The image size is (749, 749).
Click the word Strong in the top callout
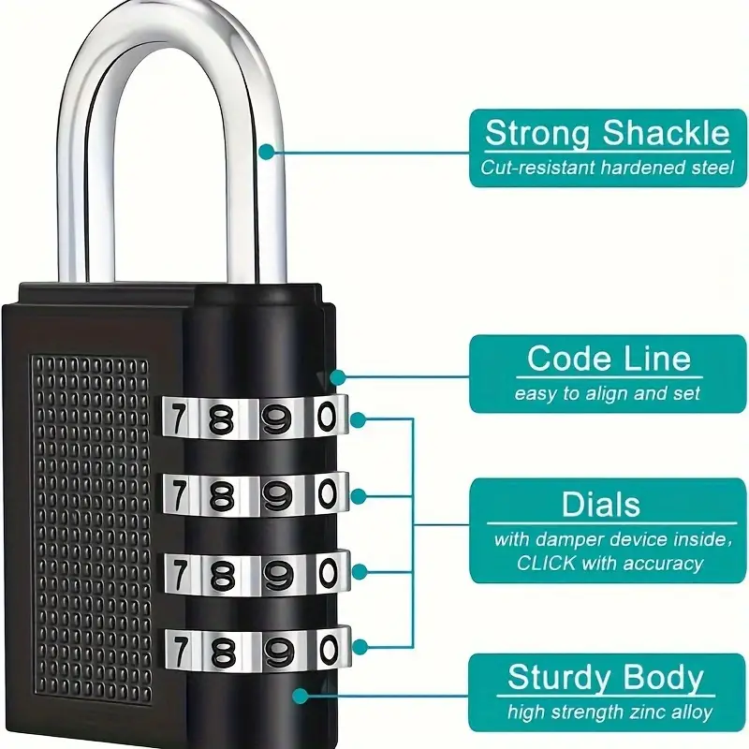point(537,133)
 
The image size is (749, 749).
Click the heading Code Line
point(609,359)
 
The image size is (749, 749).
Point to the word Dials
point(601,504)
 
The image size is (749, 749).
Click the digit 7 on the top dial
point(178,417)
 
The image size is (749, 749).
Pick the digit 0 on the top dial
point(327,417)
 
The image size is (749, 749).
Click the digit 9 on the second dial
point(277,495)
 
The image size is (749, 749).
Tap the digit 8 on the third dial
point(223,575)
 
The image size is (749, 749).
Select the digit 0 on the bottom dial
point(330,651)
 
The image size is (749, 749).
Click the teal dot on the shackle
point(267,153)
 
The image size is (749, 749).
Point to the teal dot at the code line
point(338,377)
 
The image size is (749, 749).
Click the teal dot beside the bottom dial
point(360,647)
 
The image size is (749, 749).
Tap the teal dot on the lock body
point(300,696)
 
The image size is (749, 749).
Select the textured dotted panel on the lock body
point(91,531)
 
